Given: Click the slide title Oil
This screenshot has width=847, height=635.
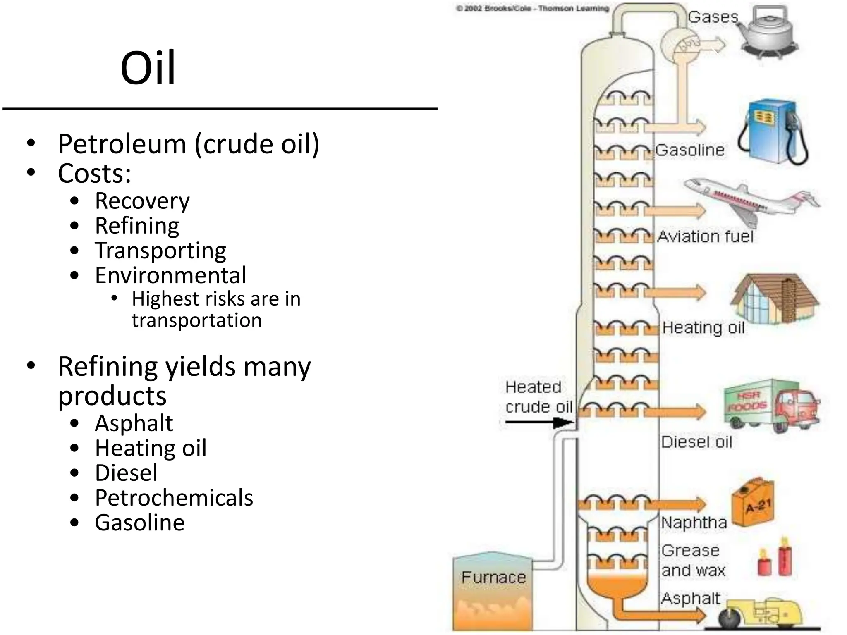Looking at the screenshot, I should pyautogui.click(x=148, y=67).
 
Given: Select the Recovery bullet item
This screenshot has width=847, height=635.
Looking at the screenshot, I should pyautogui.click(x=142, y=201).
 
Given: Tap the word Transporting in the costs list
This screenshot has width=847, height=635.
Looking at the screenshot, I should pyautogui.click(x=160, y=251).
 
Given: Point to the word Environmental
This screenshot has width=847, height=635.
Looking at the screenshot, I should pyautogui.click(x=170, y=275).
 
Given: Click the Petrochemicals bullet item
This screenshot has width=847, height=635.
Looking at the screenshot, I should pyautogui.click(x=174, y=498).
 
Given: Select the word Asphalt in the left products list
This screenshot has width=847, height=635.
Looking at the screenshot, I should pyautogui.click(x=134, y=423).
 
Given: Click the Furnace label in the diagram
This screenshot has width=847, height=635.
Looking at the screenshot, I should pyautogui.click(x=493, y=578).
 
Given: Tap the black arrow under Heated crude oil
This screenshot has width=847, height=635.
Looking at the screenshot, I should pyautogui.click(x=538, y=423).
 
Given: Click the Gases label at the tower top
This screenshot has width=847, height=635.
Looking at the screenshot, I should pyautogui.click(x=713, y=17).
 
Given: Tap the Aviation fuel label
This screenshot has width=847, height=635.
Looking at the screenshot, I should pyautogui.click(x=705, y=237).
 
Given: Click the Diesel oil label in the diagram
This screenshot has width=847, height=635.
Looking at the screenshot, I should pyautogui.click(x=696, y=442).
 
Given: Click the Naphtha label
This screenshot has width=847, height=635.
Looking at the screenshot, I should pyautogui.click(x=694, y=523).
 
